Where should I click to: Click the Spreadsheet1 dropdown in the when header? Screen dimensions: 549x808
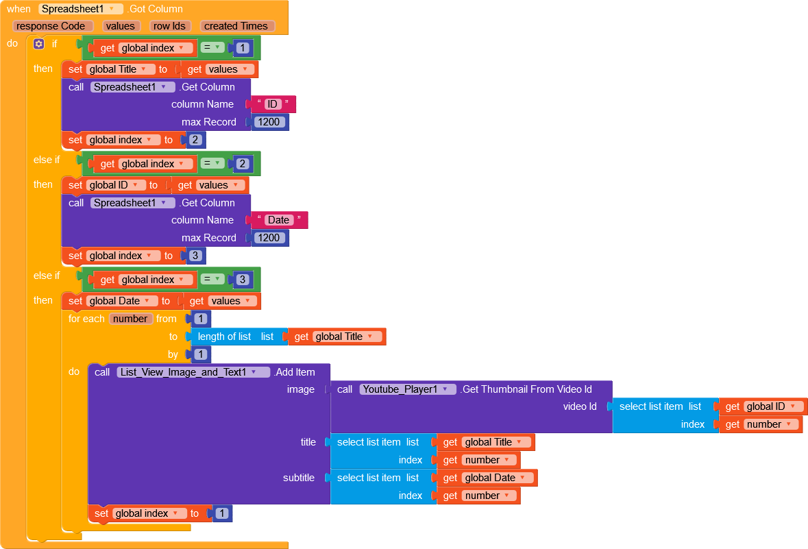(x=81, y=9)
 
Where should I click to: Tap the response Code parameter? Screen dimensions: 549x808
(x=51, y=26)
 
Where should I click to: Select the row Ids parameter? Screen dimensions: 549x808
(x=169, y=26)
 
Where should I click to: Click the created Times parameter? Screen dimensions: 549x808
(x=236, y=26)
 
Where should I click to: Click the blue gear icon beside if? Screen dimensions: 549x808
(x=38, y=44)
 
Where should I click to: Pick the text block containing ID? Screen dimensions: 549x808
(x=273, y=104)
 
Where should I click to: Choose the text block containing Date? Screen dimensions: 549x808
(x=278, y=220)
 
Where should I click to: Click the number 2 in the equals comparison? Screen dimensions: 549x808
(x=243, y=164)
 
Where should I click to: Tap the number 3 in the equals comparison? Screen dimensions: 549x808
(x=243, y=280)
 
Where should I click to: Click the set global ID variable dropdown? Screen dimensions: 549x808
(x=117, y=185)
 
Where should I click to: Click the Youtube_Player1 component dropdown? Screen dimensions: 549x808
(x=408, y=389)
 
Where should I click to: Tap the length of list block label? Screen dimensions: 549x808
(x=224, y=337)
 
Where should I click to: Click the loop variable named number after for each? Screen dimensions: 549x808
(x=130, y=319)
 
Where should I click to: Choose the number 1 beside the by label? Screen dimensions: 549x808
(x=200, y=354)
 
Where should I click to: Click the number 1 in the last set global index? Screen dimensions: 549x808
(x=222, y=513)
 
